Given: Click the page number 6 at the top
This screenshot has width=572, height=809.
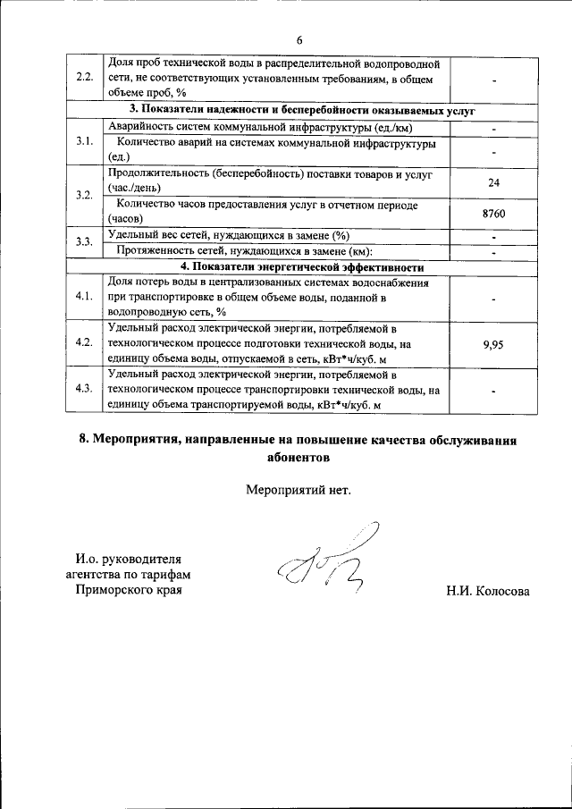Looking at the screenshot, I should point(300,40).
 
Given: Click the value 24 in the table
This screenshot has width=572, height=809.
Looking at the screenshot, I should point(492,182).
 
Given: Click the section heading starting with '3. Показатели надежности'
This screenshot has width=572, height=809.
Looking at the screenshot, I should point(301,111).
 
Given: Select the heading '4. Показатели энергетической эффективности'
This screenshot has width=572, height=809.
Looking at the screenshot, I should point(301,266).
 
